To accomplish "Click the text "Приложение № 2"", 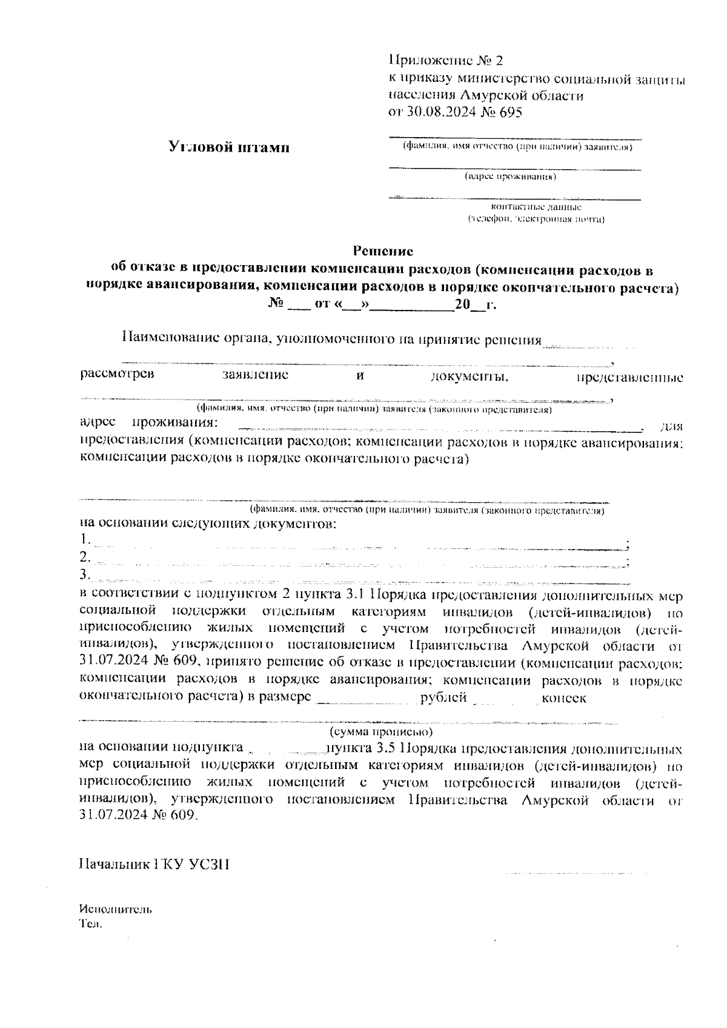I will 445,61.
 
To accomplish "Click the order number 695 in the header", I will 509,113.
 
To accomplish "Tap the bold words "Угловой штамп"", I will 228,147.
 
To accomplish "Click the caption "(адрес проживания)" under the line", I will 510,177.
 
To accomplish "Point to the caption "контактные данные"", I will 536,207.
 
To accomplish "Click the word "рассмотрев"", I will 117,374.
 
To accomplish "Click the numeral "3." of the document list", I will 85,574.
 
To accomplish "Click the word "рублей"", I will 443,697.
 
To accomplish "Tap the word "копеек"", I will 563,697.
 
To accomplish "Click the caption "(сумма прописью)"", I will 381,733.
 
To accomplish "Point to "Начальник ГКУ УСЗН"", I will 154,864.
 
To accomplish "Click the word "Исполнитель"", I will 115,910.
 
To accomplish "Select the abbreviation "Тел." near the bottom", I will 90,924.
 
